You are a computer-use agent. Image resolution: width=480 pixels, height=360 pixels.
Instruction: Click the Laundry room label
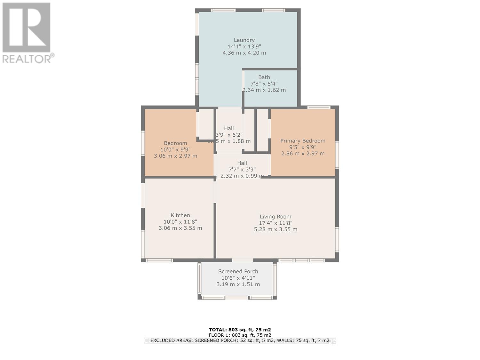tap(244, 40)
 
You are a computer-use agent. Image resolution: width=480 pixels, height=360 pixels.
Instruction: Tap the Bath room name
tap(264, 77)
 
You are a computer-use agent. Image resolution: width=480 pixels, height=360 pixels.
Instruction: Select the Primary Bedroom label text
tap(303, 141)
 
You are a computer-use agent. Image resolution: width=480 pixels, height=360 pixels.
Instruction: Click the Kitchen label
tap(180, 215)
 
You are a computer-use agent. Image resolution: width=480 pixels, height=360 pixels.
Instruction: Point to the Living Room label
tap(276, 217)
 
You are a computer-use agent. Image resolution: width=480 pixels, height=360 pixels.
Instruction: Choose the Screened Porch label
tap(238, 271)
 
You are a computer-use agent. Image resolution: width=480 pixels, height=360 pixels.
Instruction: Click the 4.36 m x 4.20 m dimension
tap(244, 53)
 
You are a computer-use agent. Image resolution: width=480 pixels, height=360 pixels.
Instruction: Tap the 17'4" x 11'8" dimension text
tap(276, 223)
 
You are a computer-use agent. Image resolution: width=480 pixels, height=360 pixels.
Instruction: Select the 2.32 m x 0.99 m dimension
tap(242, 176)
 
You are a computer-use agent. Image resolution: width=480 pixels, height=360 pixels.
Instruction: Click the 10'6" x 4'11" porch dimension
tap(238, 278)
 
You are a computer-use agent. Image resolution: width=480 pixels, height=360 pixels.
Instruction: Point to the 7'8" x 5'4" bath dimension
tap(264, 84)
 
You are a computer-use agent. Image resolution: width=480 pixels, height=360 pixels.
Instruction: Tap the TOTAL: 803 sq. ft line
tap(240, 330)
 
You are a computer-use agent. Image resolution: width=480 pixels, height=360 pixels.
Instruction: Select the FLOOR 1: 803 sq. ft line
tap(240, 335)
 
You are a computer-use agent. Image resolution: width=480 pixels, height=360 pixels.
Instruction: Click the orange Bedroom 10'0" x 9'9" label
tap(175, 149)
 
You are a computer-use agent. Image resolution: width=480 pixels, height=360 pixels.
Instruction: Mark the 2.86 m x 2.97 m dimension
tap(303, 154)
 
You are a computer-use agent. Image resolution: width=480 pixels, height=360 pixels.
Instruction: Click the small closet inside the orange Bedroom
tap(205, 123)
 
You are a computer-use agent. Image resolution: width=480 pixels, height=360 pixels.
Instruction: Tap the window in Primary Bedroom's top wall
tap(319, 108)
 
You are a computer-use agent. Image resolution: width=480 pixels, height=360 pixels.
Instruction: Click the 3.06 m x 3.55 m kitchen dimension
tap(180, 228)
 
